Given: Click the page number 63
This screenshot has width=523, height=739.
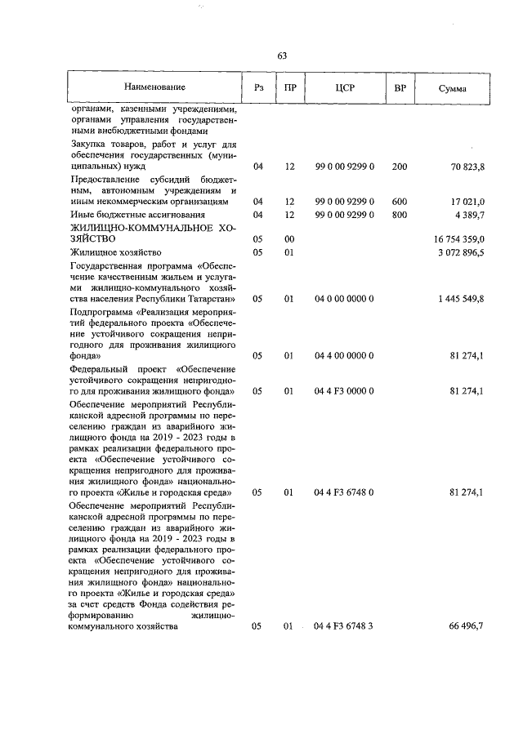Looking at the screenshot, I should click(x=282, y=56).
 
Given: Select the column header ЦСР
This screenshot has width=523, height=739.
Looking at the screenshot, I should click(x=344, y=87).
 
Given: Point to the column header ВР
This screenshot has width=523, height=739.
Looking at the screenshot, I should click(x=400, y=87).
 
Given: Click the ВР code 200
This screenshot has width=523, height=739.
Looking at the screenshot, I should click(x=400, y=167).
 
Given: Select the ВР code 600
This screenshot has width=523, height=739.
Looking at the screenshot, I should click(x=400, y=201).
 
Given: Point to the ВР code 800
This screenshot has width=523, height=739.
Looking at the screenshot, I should click(x=400, y=214).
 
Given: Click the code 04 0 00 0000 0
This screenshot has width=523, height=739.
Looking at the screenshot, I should click(x=344, y=300).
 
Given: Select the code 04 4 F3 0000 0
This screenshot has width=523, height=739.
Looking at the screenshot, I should click(x=344, y=391).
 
